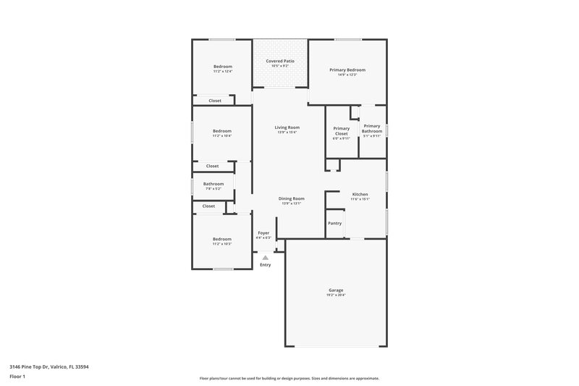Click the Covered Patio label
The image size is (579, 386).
(x=279, y=62)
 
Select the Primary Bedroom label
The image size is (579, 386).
(x=347, y=70)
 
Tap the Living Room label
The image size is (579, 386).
(x=287, y=127)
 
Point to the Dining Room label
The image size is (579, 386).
(x=292, y=198)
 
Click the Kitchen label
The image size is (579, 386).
(x=360, y=194)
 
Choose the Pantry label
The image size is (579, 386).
(x=334, y=223)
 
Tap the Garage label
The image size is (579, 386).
(x=336, y=290)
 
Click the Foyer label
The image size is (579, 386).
(x=263, y=233)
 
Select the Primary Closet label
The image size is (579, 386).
(x=341, y=131)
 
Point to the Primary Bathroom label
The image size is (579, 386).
(x=371, y=128)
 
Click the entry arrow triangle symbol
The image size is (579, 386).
(x=265, y=257)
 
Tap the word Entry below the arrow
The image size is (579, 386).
(x=265, y=265)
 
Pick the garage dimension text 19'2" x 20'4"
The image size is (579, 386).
(x=336, y=295)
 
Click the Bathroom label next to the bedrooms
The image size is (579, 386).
(x=213, y=184)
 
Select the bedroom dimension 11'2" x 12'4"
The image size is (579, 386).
(x=222, y=72)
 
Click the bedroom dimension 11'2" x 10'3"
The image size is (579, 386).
(x=222, y=244)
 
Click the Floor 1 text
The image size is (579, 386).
(x=17, y=377)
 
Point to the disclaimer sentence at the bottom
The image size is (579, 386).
(x=289, y=378)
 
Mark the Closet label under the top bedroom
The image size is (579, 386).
(x=215, y=101)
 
